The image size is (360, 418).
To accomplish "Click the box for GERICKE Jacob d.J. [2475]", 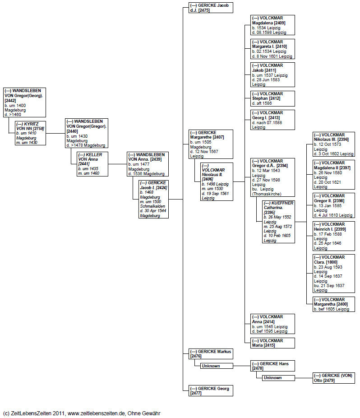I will (211, 7).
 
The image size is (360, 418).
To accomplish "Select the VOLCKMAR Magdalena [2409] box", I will (272, 25).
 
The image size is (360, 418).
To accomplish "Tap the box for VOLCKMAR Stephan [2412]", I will (272, 98).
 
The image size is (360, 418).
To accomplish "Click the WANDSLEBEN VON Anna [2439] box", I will (148, 164).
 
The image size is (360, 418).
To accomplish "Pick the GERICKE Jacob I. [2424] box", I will (153, 199).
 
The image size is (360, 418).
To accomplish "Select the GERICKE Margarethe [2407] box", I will (211, 144).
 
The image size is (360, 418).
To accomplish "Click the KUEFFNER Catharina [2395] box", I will (278, 222).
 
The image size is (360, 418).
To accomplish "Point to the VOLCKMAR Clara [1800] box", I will (333, 273).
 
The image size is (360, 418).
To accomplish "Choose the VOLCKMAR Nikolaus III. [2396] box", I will (333, 144).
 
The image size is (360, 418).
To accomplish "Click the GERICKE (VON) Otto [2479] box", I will (333, 378).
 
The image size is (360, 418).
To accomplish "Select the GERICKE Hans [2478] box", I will (272, 366).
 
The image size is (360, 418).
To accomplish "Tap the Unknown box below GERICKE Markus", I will (217, 366).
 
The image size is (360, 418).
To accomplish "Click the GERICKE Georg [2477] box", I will (211, 390).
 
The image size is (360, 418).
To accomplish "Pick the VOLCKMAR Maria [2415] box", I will (272, 343).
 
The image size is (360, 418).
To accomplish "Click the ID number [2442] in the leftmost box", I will (10, 100).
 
